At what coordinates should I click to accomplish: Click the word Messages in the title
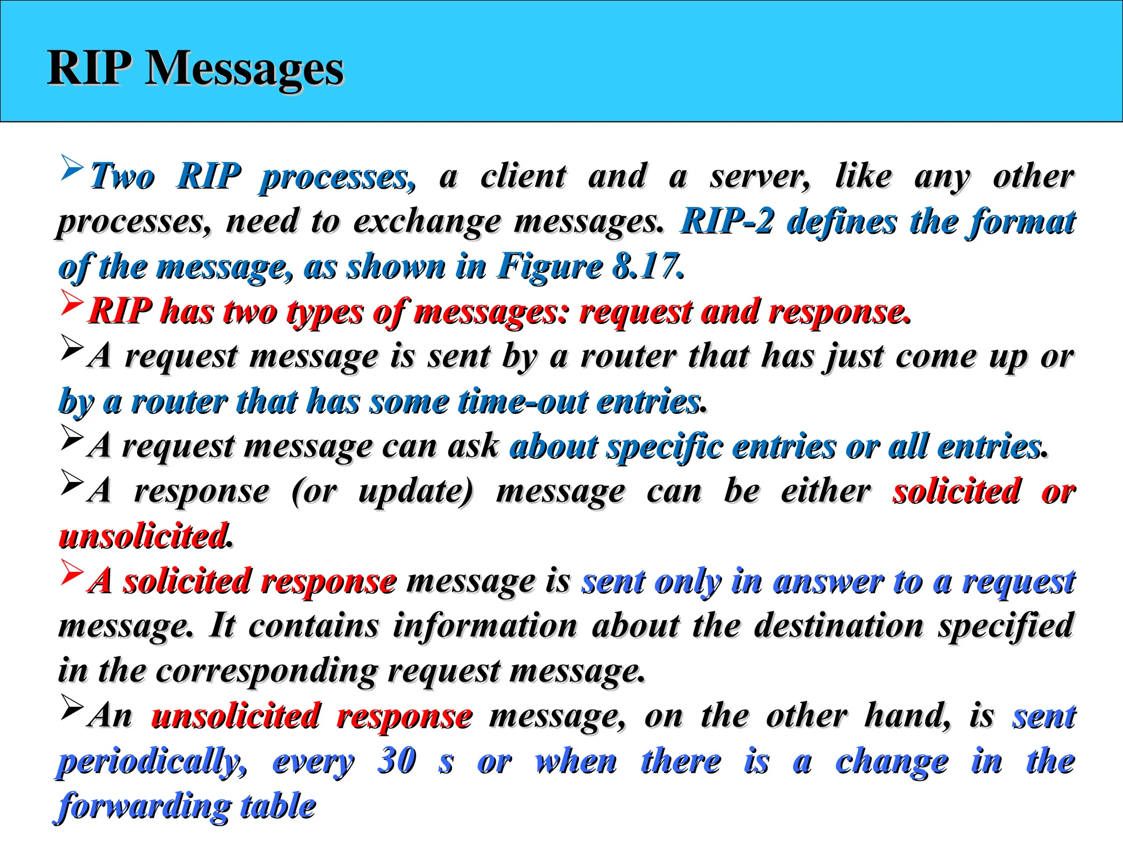244,69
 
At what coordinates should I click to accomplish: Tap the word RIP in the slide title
89,69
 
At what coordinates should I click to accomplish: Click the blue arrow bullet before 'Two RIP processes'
72,167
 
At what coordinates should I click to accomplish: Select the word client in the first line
523,177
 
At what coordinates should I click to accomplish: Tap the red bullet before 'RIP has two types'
72,302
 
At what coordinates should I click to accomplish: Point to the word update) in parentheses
415,491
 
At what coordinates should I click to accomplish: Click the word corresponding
266,671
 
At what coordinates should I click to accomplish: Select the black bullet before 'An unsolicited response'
72,707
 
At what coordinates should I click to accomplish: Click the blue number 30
396,760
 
